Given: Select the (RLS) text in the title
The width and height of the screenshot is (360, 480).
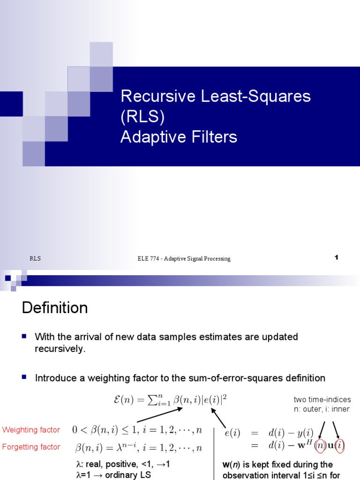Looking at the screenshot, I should (142, 117).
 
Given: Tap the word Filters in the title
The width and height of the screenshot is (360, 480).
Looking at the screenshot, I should (213, 137).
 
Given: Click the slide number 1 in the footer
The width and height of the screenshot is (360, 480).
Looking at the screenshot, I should (336, 257).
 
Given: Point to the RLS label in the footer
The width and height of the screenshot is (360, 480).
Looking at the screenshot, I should (35, 258).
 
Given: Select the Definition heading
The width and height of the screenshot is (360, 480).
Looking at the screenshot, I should (55, 308).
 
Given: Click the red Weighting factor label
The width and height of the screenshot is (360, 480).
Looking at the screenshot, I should (31, 430).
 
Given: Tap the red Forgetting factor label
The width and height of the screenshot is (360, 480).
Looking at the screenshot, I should (31, 447).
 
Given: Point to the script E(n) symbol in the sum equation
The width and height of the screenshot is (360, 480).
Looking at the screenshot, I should (121, 401).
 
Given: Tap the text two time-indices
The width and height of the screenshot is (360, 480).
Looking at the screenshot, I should (322, 399).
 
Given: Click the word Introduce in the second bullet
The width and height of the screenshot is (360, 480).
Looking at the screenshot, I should (55, 378).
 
